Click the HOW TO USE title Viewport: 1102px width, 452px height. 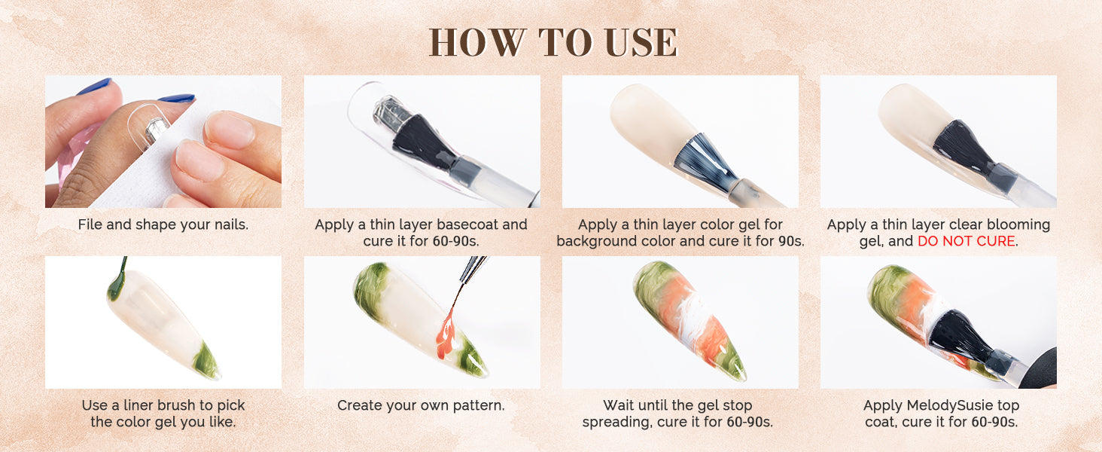pyautogui.click(x=553, y=42)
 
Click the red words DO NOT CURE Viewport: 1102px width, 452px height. pyautogui.click(x=967, y=241)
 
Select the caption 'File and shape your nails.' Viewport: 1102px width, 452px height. pyautogui.click(x=163, y=225)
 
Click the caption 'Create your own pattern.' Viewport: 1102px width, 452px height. pyautogui.click(x=421, y=406)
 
